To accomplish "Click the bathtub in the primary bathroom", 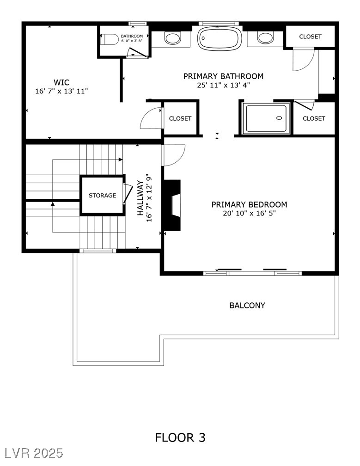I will pyautogui.click(x=220, y=38).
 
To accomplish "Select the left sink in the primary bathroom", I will pyautogui.click(x=173, y=38).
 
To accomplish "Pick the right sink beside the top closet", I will pyautogui.click(x=265, y=38).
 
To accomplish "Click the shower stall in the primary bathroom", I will pyautogui.click(x=267, y=118).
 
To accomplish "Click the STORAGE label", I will pyautogui.click(x=102, y=196).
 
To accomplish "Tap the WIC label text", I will pyautogui.click(x=61, y=83).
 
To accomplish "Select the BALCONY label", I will pyautogui.click(x=247, y=306).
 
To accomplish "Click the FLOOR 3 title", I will pyautogui.click(x=180, y=437).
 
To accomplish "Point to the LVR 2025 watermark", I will pyautogui.click(x=32, y=453).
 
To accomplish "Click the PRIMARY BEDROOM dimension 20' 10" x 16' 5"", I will pyautogui.click(x=249, y=214).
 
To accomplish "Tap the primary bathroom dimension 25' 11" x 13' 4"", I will pyautogui.click(x=223, y=85).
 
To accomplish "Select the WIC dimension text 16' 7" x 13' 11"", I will pyautogui.click(x=61, y=92).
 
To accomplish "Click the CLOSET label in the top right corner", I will pyautogui.click(x=310, y=37).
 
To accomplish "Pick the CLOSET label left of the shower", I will pyautogui.click(x=180, y=118).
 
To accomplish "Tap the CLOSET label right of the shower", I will pyautogui.click(x=314, y=118).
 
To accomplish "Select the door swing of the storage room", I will pyautogui.click(x=128, y=194).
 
